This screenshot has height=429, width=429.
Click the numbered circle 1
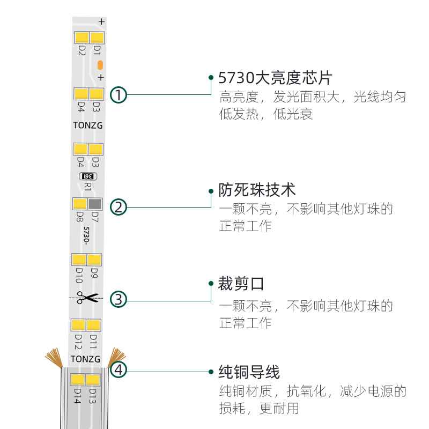click(119, 95)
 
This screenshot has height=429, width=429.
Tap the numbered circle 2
click(119, 207)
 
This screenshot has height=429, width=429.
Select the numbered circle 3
click(119, 299)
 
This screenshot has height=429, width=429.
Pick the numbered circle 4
click(119, 370)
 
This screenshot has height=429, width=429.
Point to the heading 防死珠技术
click(257, 190)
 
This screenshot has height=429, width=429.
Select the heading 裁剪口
click(241, 283)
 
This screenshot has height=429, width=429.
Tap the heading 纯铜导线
click(249, 372)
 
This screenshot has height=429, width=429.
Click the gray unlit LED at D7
click(95, 204)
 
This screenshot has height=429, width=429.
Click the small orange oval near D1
click(100, 65)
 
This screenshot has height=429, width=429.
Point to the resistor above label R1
click(87, 176)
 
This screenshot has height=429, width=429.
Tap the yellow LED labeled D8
click(80, 204)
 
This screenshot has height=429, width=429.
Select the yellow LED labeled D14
click(78, 380)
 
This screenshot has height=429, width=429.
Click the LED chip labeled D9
click(94, 260)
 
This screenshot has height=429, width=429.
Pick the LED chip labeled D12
click(78, 325)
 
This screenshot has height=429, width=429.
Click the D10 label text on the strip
click(79, 275)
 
